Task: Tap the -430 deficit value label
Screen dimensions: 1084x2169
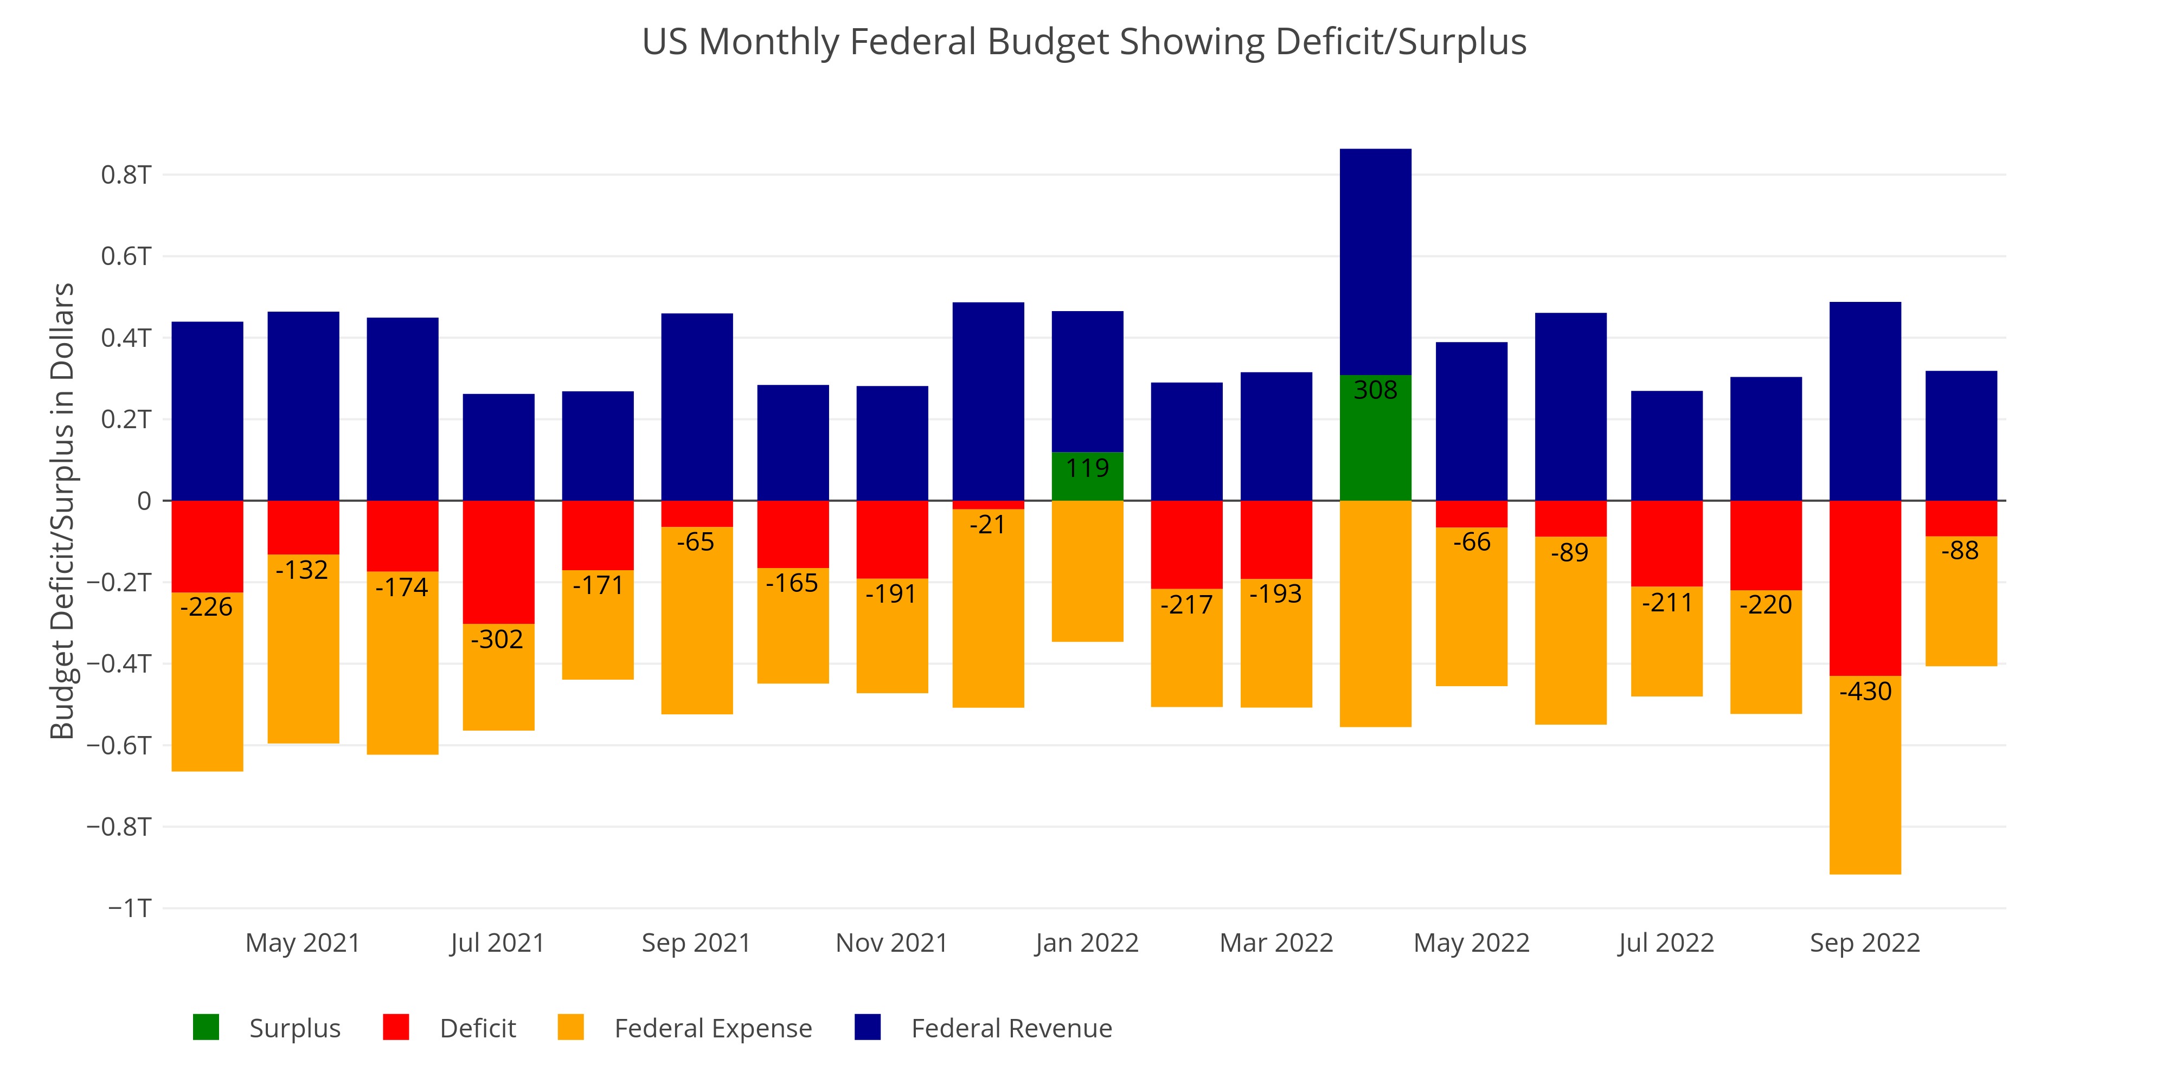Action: [1865, 692]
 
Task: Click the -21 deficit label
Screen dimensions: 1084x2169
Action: [987, 525]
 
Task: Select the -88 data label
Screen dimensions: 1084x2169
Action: [1960, 551]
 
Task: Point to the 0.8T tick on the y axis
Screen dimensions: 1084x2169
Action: [126, 175]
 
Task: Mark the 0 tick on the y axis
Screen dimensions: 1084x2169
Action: [144, 501]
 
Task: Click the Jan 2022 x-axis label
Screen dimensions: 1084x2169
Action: [1086, 943]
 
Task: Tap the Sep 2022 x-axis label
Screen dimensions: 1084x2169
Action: [1864, 943]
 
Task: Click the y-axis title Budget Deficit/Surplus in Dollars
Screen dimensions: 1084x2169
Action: [62, 511]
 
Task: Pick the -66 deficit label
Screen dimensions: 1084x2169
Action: [1472, 542]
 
